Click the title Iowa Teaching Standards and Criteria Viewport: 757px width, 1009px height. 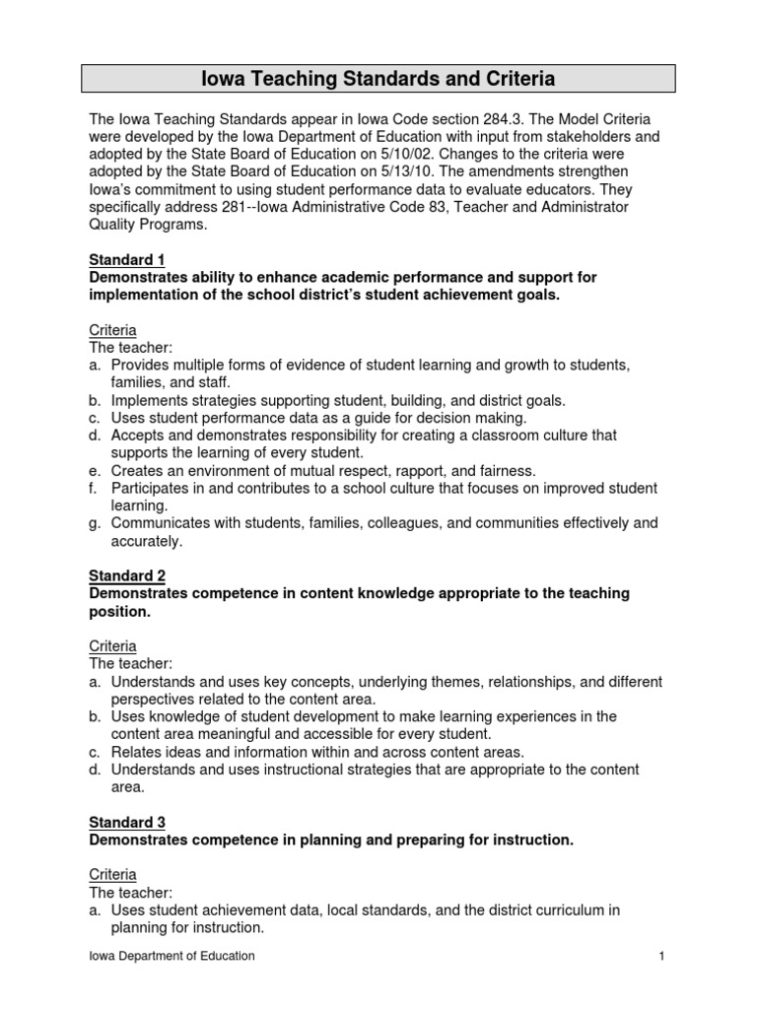click(378, 78)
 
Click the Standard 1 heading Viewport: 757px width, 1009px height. click(127, 260)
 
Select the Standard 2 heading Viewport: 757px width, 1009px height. click(127, 575)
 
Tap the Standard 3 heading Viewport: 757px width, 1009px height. click(127, 822)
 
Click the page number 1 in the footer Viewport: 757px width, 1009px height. click(663, 956)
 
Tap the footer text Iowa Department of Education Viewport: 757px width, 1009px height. click(172, 956)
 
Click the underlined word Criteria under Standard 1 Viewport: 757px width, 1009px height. click(112, 330)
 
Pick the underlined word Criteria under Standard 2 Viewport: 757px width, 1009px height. click(112, 646)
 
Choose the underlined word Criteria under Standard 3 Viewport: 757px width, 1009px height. click(112, 875)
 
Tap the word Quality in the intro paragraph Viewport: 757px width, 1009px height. click(115, 225)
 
